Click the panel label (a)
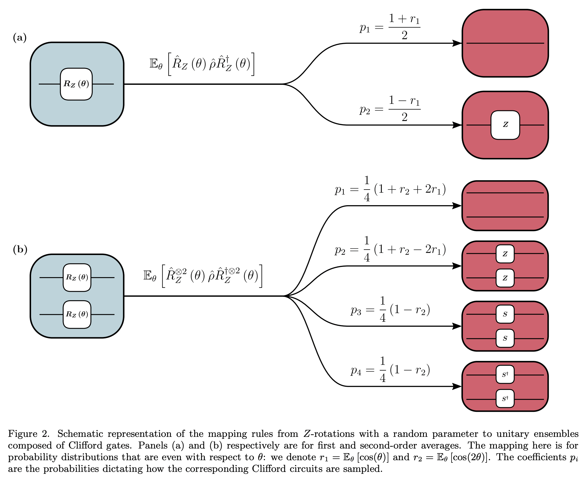[x=20, y=38]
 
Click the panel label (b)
[x=20, y=249]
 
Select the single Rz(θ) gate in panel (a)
[x=76, y=84]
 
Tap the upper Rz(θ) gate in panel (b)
[x=77, y=277]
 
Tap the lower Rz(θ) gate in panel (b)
[x=77, y=314]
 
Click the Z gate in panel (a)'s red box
[x=505, y=125]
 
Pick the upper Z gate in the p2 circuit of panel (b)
[x=505, y=254]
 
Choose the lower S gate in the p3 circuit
[x=505, y=338]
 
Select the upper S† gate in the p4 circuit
[x=505, y=375]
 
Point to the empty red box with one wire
[x=505, y=43]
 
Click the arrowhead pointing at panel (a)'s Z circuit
[x=457, y=125]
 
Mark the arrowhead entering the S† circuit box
[x=457, y=386]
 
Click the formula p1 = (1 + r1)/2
[x=390, y=27]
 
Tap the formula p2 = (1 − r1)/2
[x=390, y=109]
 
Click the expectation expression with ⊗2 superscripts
[x=203, y=276]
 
